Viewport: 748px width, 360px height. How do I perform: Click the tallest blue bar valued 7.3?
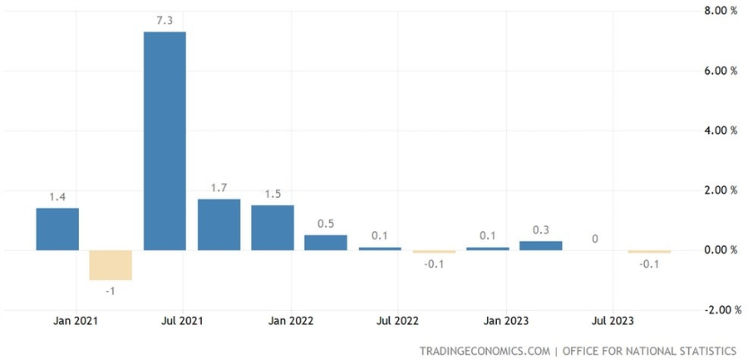[x=165, y=141]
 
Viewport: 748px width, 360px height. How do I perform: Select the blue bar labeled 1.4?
[x=57, y=229]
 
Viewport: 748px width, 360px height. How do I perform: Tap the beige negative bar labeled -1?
[x=111, y=265]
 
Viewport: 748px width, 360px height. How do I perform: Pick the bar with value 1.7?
[x=219, y=224]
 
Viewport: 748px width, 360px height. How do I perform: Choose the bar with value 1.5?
[x=272, y=228]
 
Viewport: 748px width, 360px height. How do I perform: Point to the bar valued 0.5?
[x=326, y=243]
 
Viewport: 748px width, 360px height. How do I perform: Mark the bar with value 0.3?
[x=541, y=245]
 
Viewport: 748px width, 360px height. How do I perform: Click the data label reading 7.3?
[x=165, y=20]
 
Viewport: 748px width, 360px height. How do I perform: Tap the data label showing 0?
[x=595, y=239]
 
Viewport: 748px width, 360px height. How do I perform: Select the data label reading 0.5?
[x=326, y=224]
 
